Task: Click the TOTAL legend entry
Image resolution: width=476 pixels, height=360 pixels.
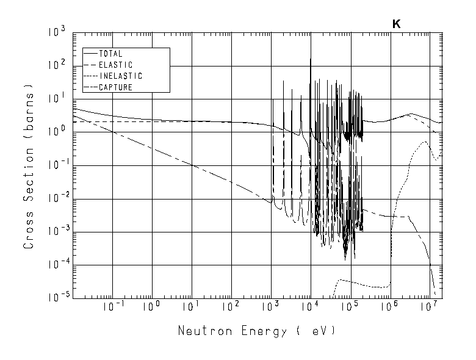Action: (x=110, y=54)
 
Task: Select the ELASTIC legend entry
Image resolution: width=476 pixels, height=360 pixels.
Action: (x=115, y=65)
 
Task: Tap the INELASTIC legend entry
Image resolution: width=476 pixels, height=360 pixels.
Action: (x=120, y=76)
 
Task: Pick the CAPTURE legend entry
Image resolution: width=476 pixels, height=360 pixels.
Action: (x=115, y=87)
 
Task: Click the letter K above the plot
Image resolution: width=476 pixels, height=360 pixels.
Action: (x=396, y=24)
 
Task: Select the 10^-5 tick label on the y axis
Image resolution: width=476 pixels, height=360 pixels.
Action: (x=56, y=298)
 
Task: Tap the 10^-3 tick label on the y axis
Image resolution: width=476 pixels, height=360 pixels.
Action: (x=56, y=232)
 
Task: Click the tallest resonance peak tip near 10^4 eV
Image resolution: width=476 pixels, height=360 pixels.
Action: (x=311, y=59)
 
